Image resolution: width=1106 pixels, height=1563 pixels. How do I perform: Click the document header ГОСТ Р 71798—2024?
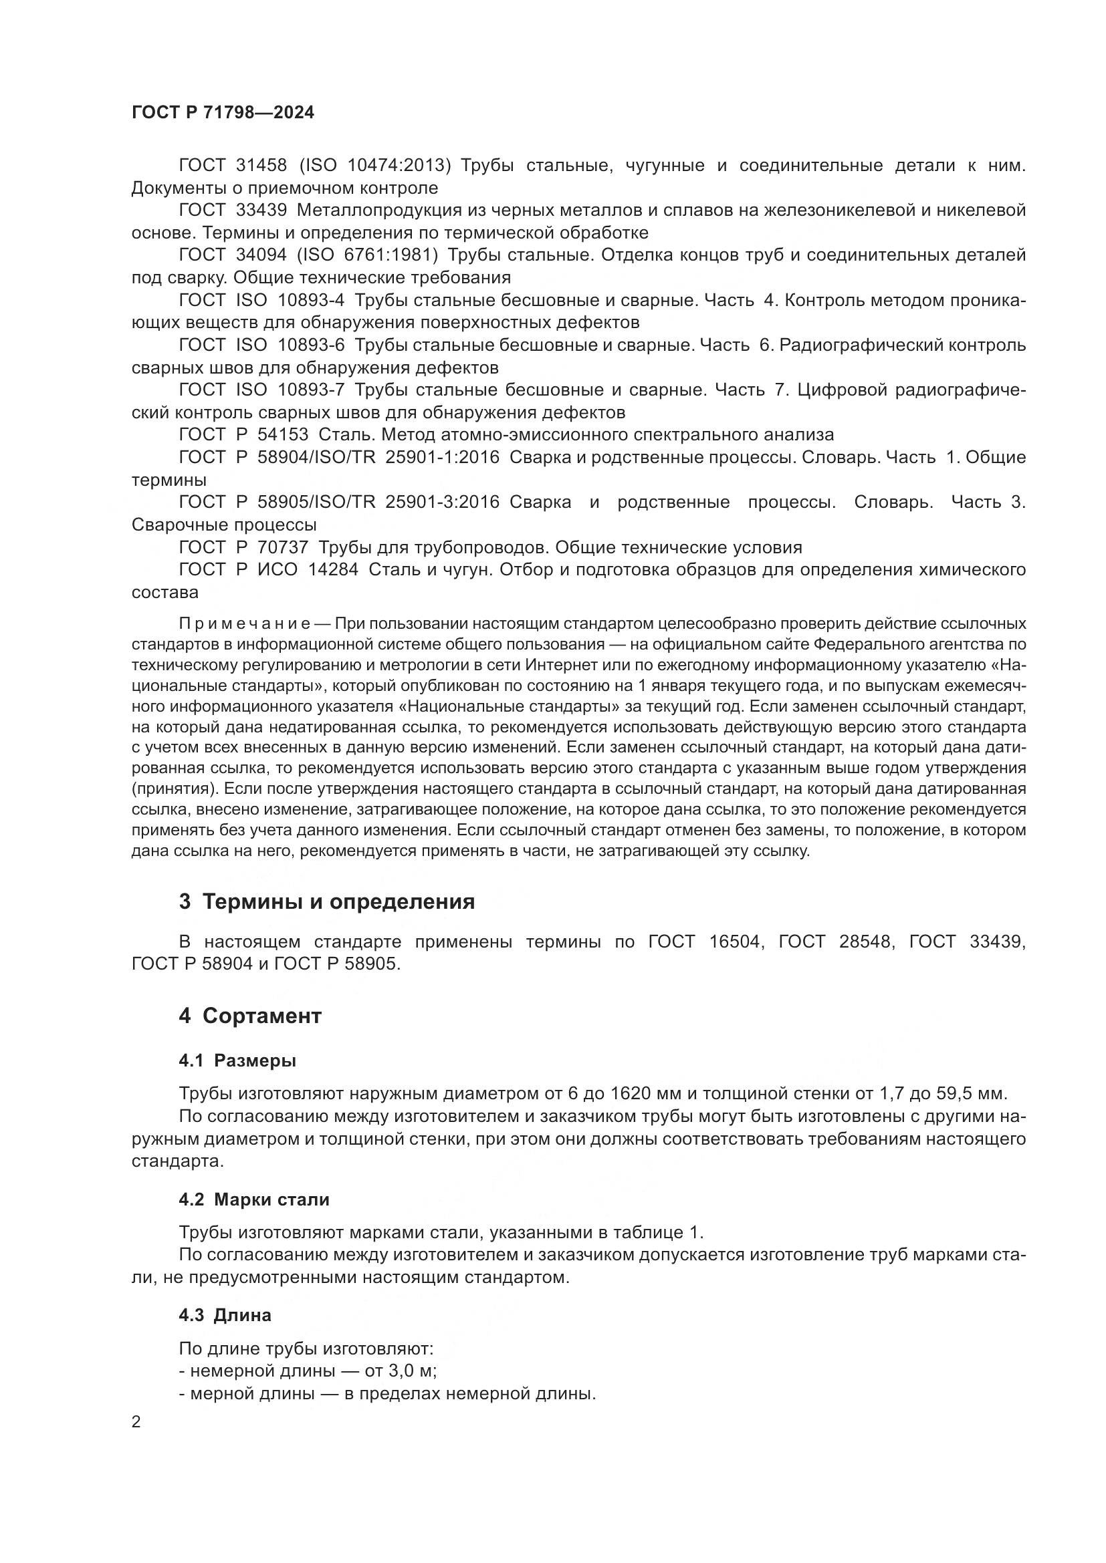coord(223,113)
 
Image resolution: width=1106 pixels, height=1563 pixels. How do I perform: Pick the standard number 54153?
coord(283,434)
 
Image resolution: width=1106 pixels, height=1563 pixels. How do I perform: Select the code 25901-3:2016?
coord(442,502)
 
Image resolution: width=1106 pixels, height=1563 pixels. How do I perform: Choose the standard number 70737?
coord(283,547)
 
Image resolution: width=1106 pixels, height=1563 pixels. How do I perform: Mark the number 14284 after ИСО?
coord(333,570)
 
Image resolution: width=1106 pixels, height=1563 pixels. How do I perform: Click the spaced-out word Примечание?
coord(245,624)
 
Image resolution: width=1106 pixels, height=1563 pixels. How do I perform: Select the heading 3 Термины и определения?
coord(327,902)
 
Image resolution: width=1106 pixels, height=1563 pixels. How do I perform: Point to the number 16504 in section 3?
coord(735,942)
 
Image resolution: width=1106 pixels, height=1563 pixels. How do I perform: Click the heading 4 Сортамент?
coord(250,1016)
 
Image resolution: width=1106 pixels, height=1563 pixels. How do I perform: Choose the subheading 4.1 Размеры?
coord(237,1060)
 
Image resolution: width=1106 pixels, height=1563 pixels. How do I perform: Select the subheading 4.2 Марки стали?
coord(254,1199)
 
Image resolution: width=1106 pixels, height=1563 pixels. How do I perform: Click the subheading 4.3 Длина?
coord(225,1315)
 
